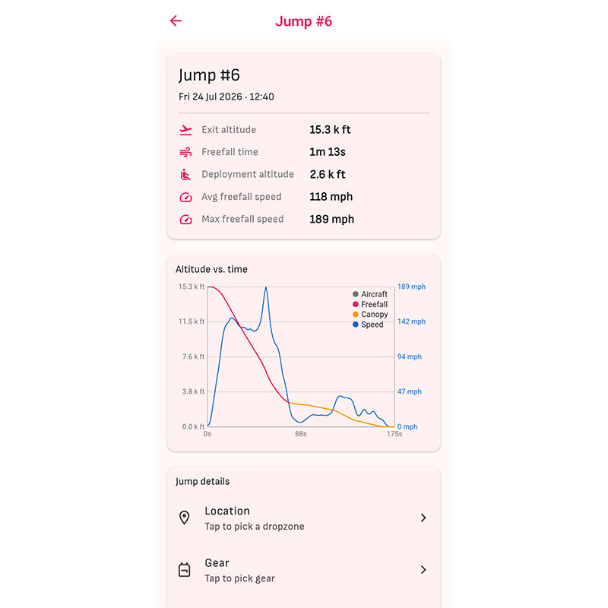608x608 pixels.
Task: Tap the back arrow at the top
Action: point(176,21)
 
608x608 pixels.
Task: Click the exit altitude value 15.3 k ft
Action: point(330,129)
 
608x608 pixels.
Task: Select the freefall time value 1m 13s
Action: point(328,152)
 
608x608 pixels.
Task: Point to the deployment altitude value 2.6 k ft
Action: point(328,175)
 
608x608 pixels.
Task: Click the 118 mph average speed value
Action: point(331,197)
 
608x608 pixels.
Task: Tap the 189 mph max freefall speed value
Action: point(332,220)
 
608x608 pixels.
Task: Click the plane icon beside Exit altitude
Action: point(185,130)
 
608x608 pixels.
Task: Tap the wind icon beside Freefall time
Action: point(185,152)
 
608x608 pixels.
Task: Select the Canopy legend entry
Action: point(370,314)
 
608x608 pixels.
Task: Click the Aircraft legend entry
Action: point(370,294)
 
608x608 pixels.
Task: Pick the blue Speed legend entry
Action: point(368,325)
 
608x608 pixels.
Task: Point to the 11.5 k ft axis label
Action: point(192,321)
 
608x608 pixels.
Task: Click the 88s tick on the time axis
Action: point(301,434)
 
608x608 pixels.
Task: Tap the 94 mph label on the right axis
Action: point(410,356)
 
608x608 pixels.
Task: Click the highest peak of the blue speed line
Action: point(266,287)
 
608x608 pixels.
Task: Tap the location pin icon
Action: point(185,518)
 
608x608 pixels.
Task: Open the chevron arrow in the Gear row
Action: point(423,569)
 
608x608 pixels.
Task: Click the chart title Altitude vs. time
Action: point(211,269)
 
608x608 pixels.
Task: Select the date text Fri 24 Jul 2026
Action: point(211,97)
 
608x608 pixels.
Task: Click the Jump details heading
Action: point(202,481)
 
